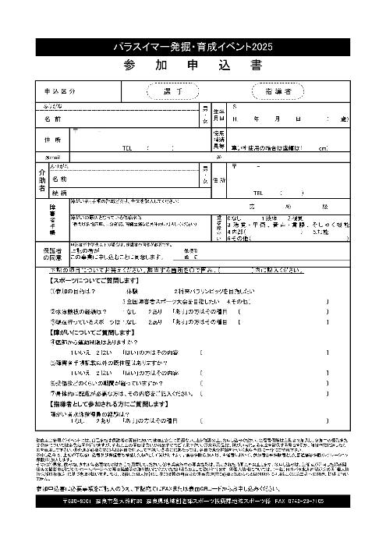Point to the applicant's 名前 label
(52, 119)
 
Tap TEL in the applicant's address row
(129, 147)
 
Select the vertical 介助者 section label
(41, 180)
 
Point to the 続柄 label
(59, 192)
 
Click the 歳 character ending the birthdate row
(344, 119)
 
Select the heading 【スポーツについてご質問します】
(95, 278)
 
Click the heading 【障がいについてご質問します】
(95, 332)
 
